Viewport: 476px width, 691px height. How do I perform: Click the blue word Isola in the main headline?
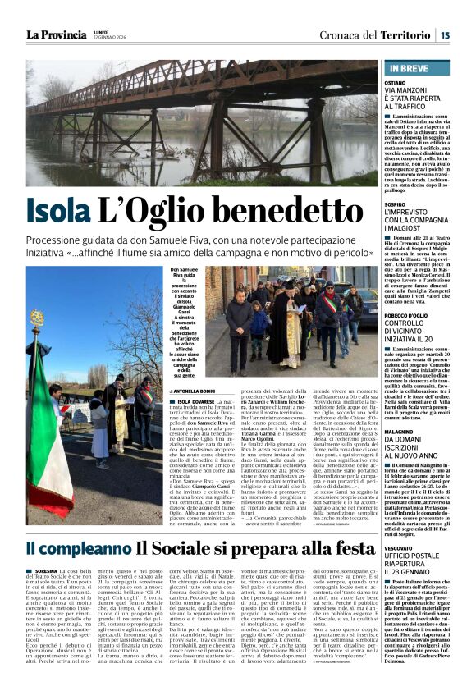58,211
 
